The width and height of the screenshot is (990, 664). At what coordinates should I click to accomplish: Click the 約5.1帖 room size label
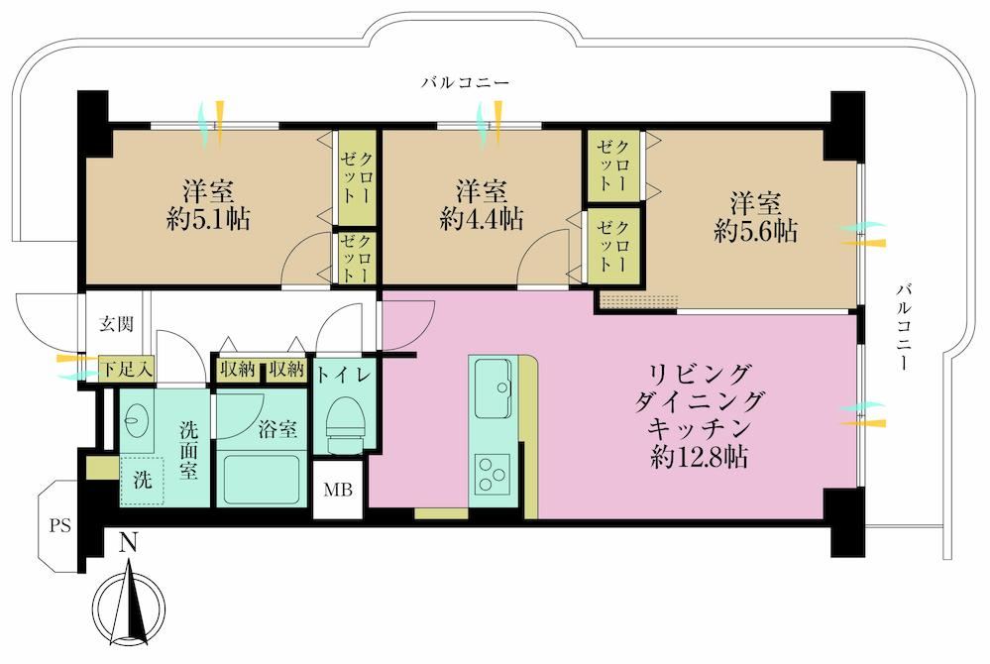click(x=208, y=220)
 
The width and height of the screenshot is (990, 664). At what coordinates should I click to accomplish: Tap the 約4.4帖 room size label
click(x=481, y=219)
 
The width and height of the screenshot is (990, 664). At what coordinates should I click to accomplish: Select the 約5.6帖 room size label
click(x=755, y=232)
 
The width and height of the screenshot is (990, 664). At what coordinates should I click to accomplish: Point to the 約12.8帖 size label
click(x=700, y=456)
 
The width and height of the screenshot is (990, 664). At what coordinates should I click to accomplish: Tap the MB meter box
click(x=338, y=490)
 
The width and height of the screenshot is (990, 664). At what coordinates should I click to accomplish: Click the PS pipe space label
click(x=60, y=526)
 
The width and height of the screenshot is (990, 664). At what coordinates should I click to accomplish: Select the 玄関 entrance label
click(x=116, y=324)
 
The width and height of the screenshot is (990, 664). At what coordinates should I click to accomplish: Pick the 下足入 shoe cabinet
click(x=128, y=370)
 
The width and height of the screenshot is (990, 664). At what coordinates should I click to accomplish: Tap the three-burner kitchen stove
click(x=493, y=474)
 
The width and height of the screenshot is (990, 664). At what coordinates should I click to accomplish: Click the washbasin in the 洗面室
click(x=135, y=421)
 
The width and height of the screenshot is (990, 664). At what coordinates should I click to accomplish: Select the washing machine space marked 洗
click(x=142, y=480)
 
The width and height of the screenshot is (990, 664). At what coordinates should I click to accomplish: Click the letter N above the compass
click(x=129, y=544)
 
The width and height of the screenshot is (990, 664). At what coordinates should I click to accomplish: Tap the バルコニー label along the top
click(x=466, y=82)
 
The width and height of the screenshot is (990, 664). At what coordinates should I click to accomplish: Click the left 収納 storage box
click(x=238, y=370)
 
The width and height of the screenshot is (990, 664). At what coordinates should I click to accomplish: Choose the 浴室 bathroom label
click(x=277, y=429)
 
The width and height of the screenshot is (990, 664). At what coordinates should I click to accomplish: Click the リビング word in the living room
click(x=701, y=375)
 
